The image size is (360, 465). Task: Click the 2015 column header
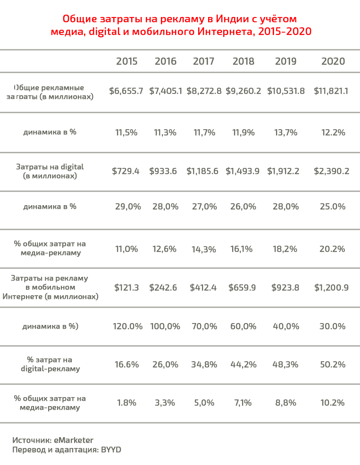(126, 61)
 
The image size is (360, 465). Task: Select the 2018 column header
(243, 61)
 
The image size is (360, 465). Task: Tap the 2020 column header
(333, 61)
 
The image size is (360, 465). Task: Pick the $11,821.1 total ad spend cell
(331, 91)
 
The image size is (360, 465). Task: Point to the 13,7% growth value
(285, 133)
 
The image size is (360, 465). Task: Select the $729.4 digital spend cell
(126, 171)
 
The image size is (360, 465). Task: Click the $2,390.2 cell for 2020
(331, 171)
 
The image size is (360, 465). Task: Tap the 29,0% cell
(126, 207)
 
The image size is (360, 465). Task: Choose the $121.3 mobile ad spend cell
(126, 288)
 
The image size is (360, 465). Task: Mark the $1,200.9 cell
(331, 288)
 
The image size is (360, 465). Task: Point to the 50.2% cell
(332, 365)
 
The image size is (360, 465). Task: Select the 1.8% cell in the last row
(126, 403)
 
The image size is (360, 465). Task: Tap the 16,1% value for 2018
(243, 249)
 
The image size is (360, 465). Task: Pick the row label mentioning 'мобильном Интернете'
(50, 288)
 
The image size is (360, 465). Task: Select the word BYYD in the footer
(111, 450)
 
